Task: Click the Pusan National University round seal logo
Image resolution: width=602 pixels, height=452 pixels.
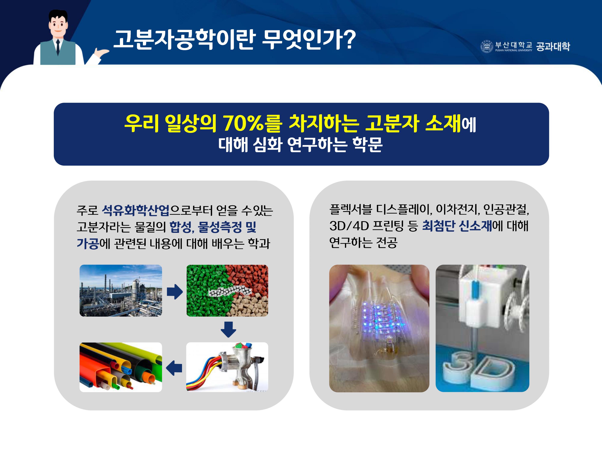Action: coord(487,47)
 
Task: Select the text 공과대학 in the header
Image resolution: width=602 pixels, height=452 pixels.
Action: coord(553,47)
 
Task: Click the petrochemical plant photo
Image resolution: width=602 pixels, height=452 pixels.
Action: coord(121,290)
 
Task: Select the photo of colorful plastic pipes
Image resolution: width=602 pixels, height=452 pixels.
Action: coord(121,367)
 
